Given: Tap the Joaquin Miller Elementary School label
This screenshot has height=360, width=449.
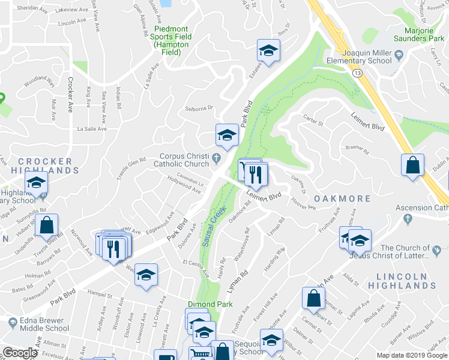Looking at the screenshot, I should (358, 56).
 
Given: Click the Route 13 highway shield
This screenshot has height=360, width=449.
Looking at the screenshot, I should (358, 73).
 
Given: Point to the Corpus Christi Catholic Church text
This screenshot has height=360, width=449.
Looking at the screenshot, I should (181, 159).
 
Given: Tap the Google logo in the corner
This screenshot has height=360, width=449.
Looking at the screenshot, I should (20, 353).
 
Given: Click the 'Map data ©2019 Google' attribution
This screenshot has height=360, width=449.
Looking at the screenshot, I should (412, 355).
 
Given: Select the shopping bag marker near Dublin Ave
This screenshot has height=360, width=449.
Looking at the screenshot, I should (412, 166).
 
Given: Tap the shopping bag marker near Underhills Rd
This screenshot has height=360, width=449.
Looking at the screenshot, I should (46, 226).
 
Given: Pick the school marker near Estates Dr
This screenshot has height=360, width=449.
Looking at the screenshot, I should (268, 50).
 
